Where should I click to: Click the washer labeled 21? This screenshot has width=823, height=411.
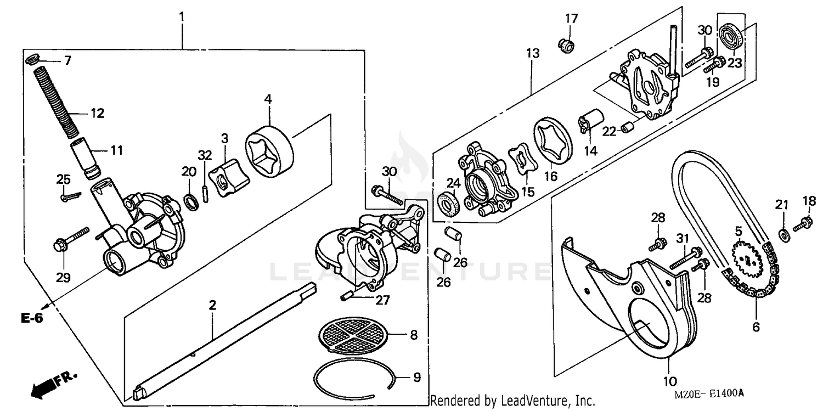coord(785,234)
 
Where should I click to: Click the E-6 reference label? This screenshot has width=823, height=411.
coord(32,318)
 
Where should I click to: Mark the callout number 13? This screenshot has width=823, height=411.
coord(532,54)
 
